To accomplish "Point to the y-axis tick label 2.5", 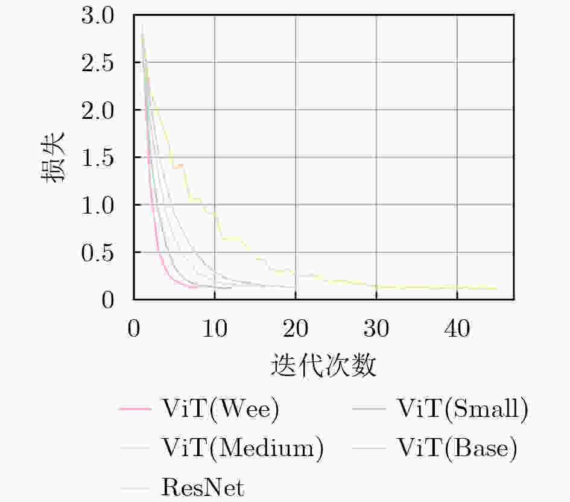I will coord(98,63).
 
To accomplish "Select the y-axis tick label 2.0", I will coord(98,110).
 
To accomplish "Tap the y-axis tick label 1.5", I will coord(98,157).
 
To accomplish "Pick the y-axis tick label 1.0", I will coord(98,205).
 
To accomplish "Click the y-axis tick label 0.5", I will coord(98,252).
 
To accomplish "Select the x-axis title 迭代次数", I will coord(324,365).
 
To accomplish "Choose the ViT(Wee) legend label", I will coord(220,410).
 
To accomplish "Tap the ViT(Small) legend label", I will coord(463,410).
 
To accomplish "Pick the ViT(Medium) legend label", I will coord(242,448).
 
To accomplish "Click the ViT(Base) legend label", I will coord(457,448).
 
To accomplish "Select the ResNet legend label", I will coord(202,487).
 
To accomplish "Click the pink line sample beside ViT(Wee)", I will coord(135,410).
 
